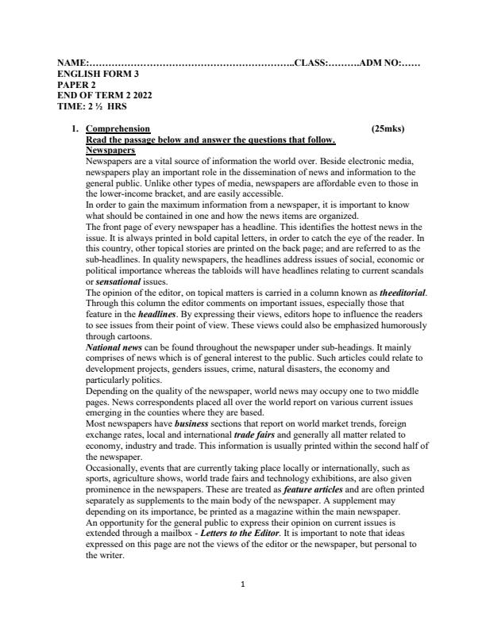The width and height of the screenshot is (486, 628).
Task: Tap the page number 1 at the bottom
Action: pyautogui.click(x=243, y=607)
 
